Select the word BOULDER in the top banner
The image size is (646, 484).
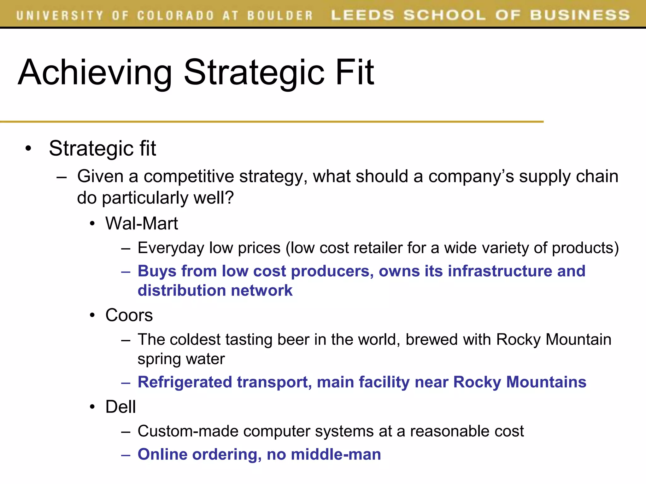(280, 15)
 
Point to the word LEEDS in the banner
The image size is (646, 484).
(362, 15)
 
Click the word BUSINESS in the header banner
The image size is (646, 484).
(580, 15)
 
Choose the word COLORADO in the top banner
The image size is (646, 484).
(175, 15)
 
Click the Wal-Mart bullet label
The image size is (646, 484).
(142, 223)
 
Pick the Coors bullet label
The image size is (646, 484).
(129, 315)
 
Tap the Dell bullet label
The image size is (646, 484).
(120, 406)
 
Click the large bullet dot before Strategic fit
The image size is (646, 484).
(29, 148)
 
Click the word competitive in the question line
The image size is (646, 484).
(189, 176)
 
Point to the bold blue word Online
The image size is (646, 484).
(162, 454)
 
